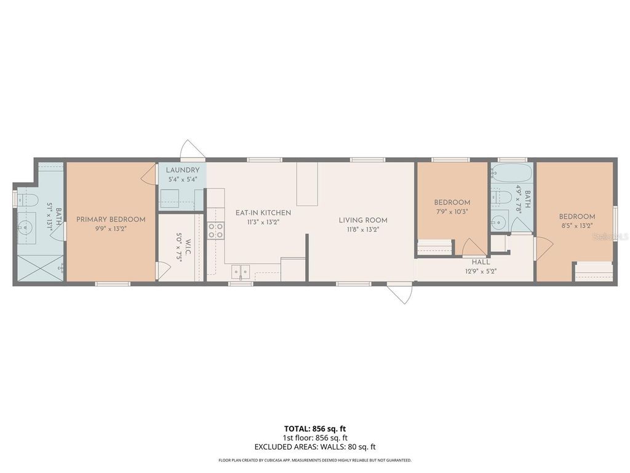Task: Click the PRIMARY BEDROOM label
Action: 111,219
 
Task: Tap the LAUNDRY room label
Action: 182,170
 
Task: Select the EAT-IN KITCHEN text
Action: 263,212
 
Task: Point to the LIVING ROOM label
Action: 363,220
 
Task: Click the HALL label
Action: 481,262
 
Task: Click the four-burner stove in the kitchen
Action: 216,230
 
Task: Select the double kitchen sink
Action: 240,271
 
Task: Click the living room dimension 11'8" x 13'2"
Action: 363,230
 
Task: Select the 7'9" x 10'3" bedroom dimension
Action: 452,211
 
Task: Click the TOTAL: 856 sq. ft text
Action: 315,429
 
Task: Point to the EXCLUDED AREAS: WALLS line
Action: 315,447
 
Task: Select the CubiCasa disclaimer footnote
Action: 315,460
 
